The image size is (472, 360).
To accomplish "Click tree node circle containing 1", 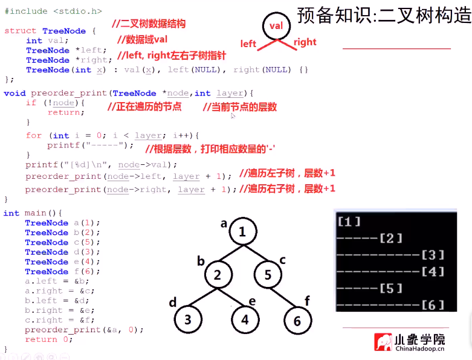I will pyautogui.click(x=242, y=232).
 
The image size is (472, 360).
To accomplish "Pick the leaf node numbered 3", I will pyautogui.click(x=189, y=320).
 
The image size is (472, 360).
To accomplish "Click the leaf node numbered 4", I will pyautogui.click(x=245, y=320).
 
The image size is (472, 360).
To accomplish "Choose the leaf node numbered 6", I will pyautogui.click(x=297, y=321).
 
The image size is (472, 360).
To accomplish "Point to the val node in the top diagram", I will pyautogui.click(x=276, y=26).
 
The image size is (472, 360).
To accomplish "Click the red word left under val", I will pyautogui.click(x=248, y=43).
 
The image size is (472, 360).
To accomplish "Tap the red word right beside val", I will pyautogui.click(x=305, y=42).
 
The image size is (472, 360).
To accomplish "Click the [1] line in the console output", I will pyautogui.click(x=349, y=222).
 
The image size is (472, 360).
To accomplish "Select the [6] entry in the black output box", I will pyautogui.click(x=433, y=305).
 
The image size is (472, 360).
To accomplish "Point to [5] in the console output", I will pyautogui.click(x=390, y=288).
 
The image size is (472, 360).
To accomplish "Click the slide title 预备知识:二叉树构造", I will pyautogui.click(x=384, y=14).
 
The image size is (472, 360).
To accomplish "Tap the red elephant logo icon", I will pyautogui.click(x=382, y=342).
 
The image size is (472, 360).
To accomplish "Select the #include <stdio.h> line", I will pyautogui.click(x=53, y=11).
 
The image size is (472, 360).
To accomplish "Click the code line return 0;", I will pyautogui.click(x=50, y=339).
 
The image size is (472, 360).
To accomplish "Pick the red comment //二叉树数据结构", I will pyautogui.click(x=149, y=24).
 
